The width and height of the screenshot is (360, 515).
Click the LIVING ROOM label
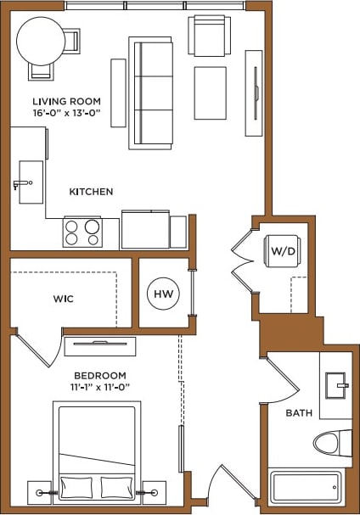pos(61,101)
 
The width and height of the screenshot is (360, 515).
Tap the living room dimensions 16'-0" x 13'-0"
pos(61,112)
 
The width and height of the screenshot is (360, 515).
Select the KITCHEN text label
pos(91,192)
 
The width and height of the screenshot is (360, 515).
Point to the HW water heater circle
pos(163,294)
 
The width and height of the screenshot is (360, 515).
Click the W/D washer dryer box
pos(282,252)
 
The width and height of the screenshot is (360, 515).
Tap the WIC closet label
pos(65,299)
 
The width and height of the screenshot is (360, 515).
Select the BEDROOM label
pos(99,376)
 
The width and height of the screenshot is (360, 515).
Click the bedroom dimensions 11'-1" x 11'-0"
pos(99,388)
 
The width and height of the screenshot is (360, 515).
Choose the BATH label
pos(299,413)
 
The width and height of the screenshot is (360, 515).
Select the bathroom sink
pos(335,386)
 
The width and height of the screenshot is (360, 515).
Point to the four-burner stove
pos(82,231)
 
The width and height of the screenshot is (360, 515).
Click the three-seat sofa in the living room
pos(151,92)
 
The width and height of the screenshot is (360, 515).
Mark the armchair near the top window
pos(209,36)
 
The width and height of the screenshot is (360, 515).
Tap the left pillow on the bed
pos(76,488)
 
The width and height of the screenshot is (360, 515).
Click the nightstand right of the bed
pos(154,491)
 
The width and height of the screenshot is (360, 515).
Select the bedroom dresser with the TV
pos(100,345)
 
